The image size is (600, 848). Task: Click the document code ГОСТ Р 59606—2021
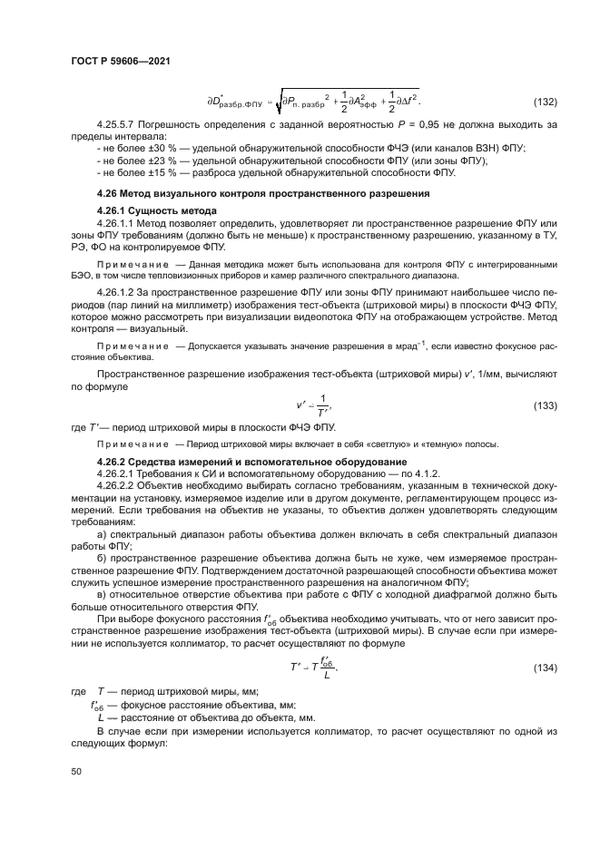[121, 60]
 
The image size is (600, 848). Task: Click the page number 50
[76, 771]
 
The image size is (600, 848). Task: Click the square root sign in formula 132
[280, 102]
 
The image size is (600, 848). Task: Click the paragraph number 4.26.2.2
[118, 486]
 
